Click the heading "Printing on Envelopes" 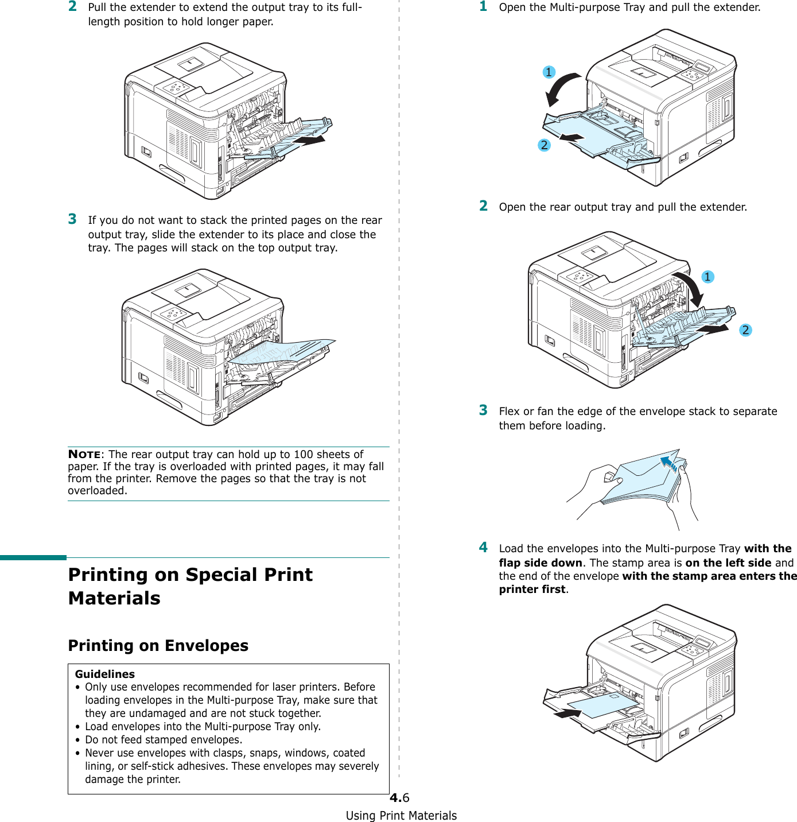coord(158,646)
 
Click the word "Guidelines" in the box coord(105,674)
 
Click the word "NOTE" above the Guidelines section coord(84,455)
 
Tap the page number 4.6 coord(399,798)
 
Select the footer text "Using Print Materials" coord(401,816)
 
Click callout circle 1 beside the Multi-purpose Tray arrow coord(549,72)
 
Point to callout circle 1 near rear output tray coord(707,277)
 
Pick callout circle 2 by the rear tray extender coord(745,330)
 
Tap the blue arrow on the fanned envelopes coord(669,463)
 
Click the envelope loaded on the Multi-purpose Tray coord(602,705)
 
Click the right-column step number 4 coord(484,548)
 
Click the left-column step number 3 coord(72,219)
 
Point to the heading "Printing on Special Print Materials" coord(190,586)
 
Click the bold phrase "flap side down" coord(540,563)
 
